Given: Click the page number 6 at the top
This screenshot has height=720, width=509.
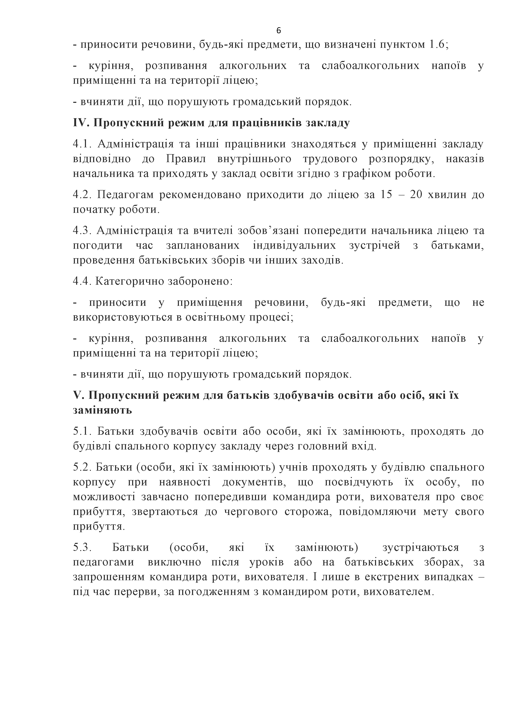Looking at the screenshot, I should click(279, 30).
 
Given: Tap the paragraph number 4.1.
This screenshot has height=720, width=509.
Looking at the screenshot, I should click(81, 144).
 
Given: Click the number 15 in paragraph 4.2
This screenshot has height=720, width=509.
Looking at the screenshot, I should click(386, 195).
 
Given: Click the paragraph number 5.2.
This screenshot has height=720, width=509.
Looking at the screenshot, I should click(81, 467).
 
